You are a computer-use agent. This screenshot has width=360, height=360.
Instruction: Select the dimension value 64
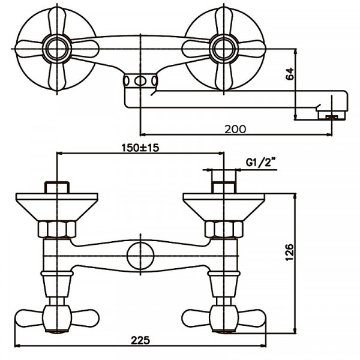point(290,74)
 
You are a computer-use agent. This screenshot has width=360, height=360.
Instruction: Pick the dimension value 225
point(140,340)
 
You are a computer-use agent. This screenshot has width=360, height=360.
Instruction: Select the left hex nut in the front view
point(57,229)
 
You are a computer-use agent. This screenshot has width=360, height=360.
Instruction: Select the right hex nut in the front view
point(224,229)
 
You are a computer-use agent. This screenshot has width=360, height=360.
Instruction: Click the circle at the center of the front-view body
point(140,256)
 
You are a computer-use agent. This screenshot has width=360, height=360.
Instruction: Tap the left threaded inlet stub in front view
point(57,186)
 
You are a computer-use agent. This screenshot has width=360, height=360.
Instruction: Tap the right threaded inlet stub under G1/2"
point(224,186)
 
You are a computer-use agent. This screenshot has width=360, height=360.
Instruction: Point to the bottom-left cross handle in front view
point(57,316)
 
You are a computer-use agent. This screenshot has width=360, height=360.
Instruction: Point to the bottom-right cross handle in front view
point(224,316)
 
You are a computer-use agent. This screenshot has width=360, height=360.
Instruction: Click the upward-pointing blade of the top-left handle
point(57,21)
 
